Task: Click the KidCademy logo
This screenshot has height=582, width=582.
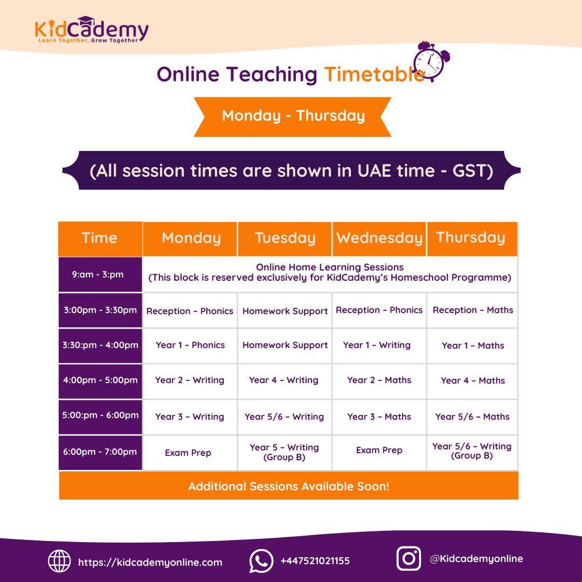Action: (x=91, y=30)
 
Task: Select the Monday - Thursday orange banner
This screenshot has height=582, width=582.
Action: (x=293, y=116)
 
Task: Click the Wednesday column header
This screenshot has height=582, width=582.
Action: (x=379, y=238)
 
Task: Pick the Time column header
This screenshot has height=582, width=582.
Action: (x=100, y=238)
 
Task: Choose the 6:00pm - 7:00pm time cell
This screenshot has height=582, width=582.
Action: (x=100, y=452)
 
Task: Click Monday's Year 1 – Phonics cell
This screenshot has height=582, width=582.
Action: (x=190, y=345)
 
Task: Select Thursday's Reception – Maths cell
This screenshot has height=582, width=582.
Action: (x=473, y=310)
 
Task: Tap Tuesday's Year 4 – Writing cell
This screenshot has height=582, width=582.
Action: (x=284, y=380)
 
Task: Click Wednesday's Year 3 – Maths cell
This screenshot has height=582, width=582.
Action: (x=379, y=417)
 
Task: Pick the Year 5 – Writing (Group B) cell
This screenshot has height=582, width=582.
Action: (x=284, y=452)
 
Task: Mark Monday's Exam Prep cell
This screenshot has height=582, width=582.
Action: (x=189, y=453)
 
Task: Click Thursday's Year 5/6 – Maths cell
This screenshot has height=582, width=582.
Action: (x=473, y=417)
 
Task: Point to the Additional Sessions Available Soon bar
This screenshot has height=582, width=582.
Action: (x=289, y=486)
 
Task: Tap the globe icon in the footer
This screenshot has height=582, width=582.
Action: (x=59, y=561)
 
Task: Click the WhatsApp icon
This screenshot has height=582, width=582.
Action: (x=261, y=561)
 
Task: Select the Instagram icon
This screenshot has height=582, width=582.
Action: (x=408, y=559)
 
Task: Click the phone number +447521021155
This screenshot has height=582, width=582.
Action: (x=315, y=561)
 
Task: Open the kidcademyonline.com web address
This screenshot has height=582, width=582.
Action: (x=150, y=562)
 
